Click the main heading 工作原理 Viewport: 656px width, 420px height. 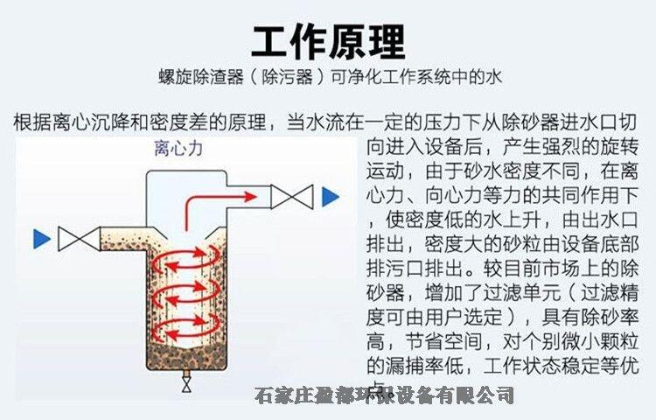[328, 39]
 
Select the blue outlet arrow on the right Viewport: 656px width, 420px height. [330, 197]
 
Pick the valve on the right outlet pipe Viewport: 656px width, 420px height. [291, 197]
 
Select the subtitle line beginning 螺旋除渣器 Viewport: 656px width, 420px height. [328, 77]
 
